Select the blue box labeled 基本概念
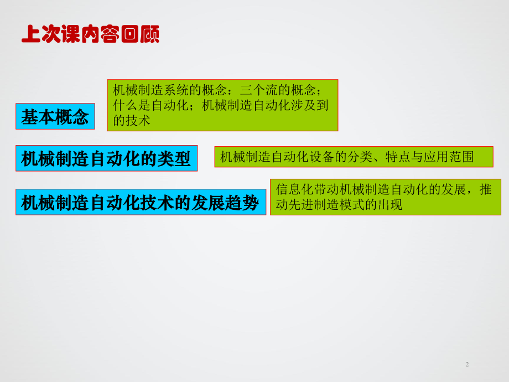tap(55, 117)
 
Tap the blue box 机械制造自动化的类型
tap(106, 159)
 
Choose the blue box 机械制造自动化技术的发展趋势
tap(140, 203)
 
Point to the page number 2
tap(467, 364)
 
